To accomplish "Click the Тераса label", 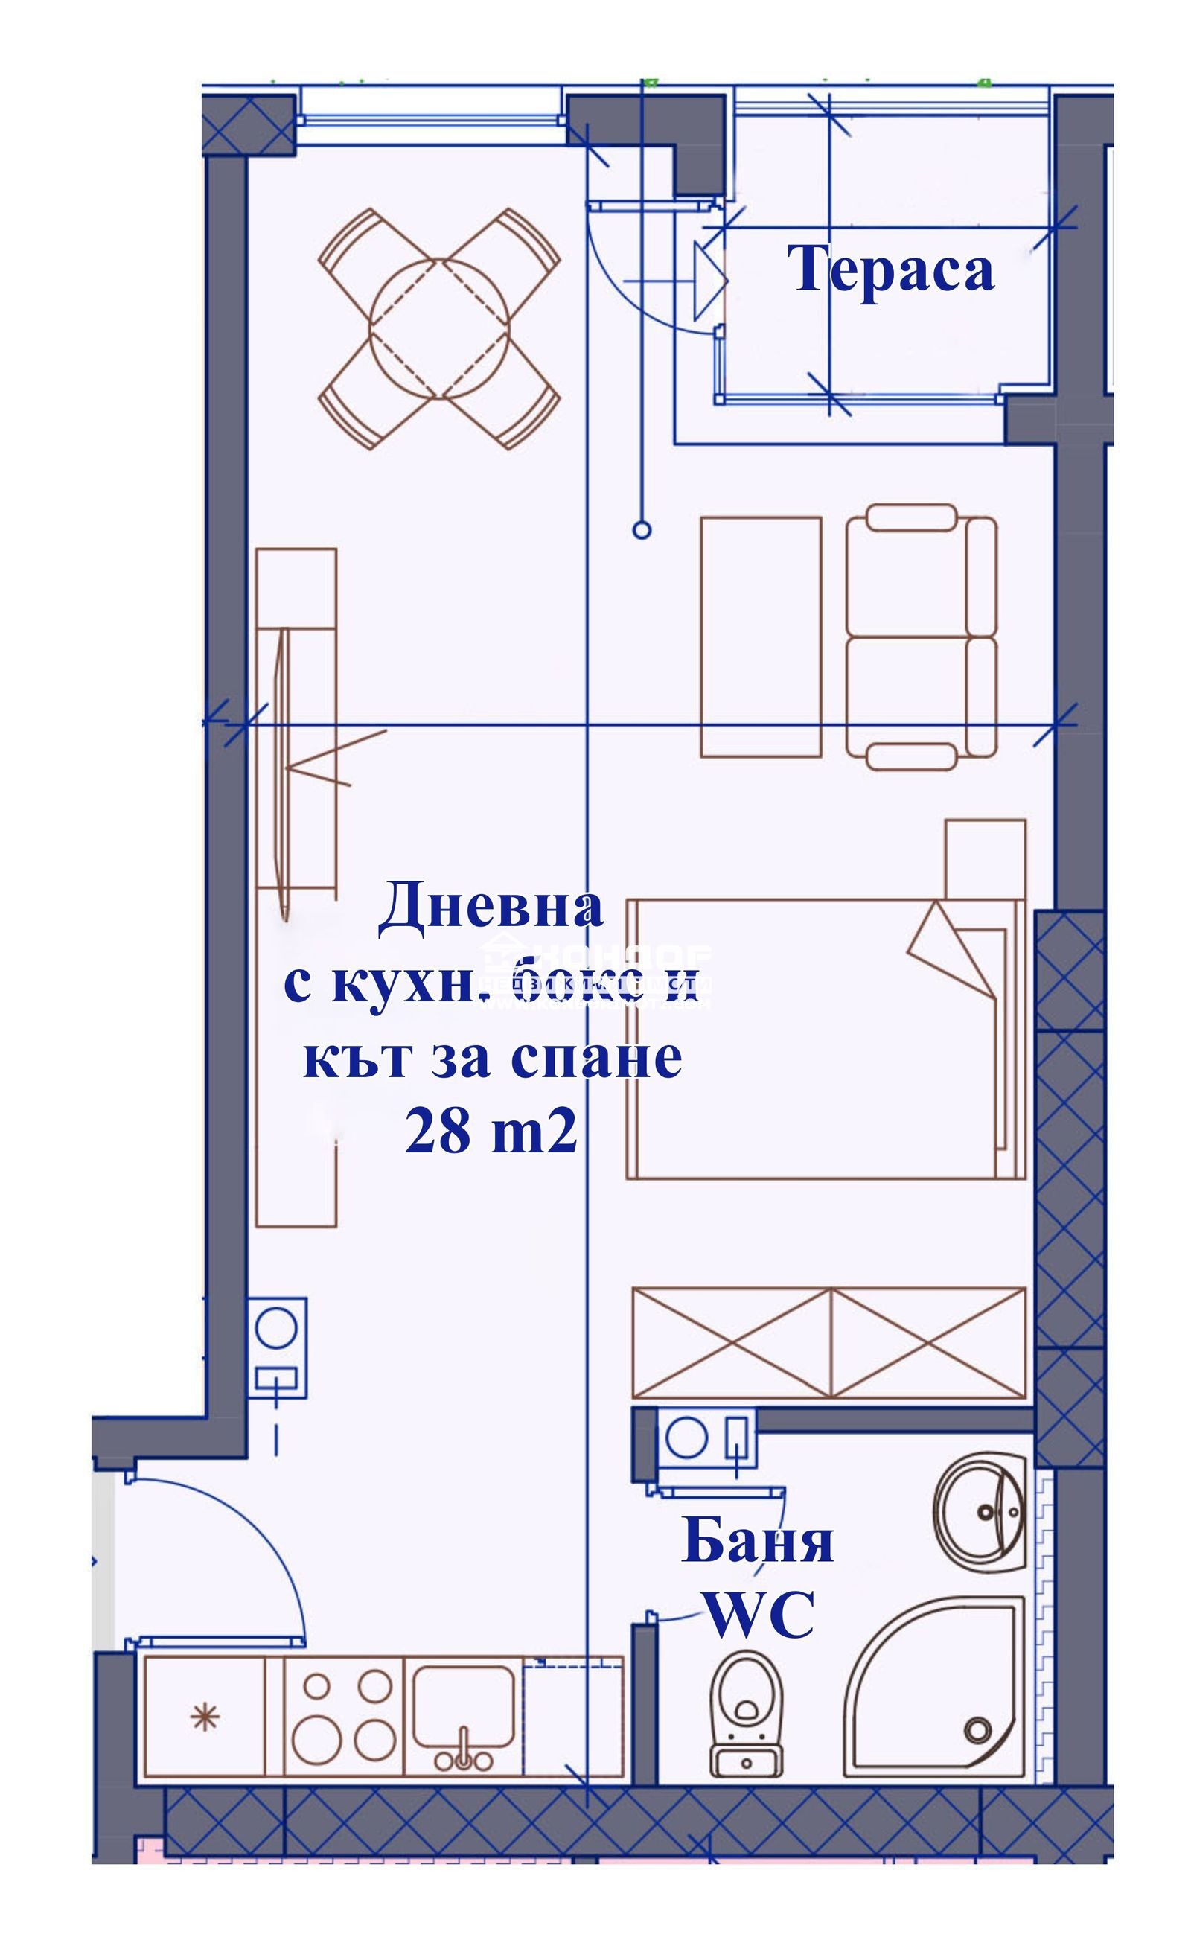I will tap(891, 269).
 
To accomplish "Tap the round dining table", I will tap(440, 328).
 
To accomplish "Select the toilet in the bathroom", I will tap(745, 1708).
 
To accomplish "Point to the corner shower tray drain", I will tap(977, 1730).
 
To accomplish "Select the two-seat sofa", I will tap(921, 637).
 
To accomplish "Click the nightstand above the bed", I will tap(985, 859).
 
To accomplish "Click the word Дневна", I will tap(491, 910).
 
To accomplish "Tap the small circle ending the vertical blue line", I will tap(642, 530).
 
